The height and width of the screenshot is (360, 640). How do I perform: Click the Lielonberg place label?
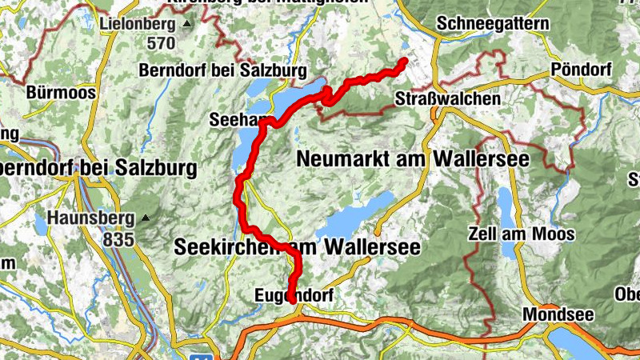click(x=138, y=24)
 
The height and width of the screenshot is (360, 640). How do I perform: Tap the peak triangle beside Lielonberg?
click(x=187, y=25)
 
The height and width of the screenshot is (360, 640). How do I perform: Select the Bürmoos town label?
click(x=61, y=92)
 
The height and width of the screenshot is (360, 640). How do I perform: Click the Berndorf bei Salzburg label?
click(x=222, y=70)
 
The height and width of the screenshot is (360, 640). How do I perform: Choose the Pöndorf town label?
click(x=581, y=70)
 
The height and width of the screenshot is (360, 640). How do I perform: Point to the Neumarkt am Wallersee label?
click(x=413, y=158)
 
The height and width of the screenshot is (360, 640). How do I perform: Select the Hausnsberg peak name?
click(x=91, y=218)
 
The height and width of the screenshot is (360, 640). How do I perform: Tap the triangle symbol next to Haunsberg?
click(x=145, y=218)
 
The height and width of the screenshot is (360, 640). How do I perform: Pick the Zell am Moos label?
click(x=521, y=234)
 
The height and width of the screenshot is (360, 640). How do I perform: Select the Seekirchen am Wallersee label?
click(x=297, y=248)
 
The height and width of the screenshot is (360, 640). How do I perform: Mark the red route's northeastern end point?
click(x=404, y=62)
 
